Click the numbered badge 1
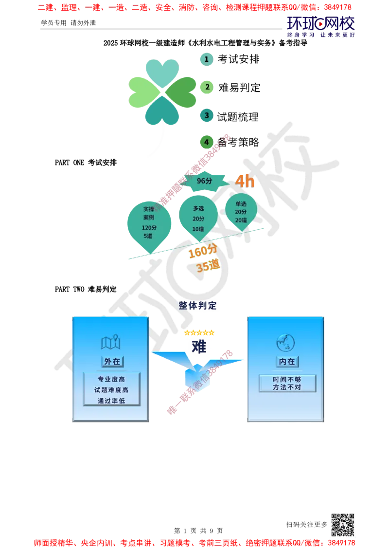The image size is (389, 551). (207, 59)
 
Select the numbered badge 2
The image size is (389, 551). (207, 87)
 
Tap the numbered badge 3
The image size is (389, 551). (207, 115)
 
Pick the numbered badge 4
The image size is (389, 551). (207, 142)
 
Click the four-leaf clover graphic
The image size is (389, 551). (162, 92)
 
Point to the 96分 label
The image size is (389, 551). (205, 181)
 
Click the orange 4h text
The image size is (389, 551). (245, 182)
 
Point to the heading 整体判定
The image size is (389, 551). (197, 306)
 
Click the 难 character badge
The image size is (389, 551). (198, 347)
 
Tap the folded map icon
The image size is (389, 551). (111, 343)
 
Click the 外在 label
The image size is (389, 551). (112, 362)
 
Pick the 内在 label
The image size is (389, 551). (286, 362)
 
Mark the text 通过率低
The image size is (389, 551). (111, 401)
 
